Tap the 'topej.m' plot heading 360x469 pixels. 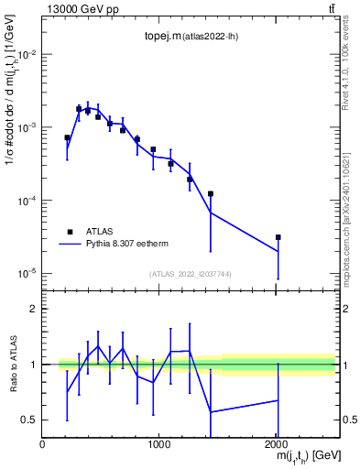pos(186,38)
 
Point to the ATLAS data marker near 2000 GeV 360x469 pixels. pos(278,237)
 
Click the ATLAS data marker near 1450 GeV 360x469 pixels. pos(211,194)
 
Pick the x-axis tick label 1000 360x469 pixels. pos(158,445)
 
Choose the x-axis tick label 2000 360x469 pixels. pos(275,445)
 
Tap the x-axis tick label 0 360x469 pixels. pos(42,445)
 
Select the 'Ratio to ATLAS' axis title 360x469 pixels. pos(12,364)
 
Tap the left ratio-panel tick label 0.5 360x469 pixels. pos(29,420)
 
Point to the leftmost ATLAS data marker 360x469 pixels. pos(67,137)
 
